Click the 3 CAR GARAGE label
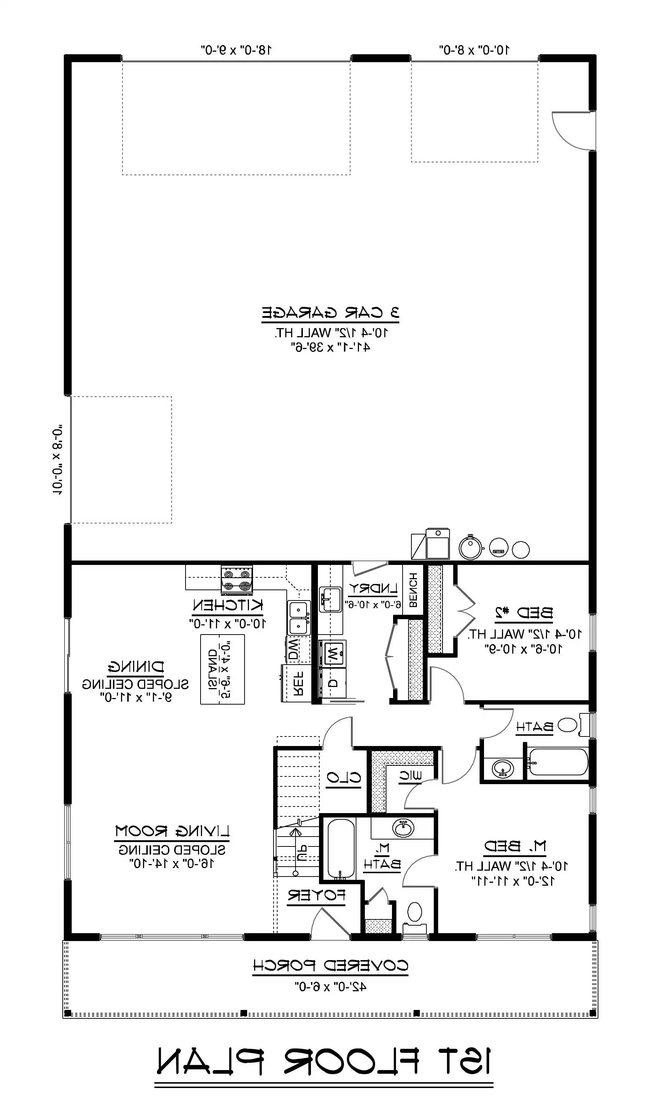330,313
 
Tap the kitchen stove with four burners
236,580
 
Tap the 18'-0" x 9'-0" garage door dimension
236,50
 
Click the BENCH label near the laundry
413,591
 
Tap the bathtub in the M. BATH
341,848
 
